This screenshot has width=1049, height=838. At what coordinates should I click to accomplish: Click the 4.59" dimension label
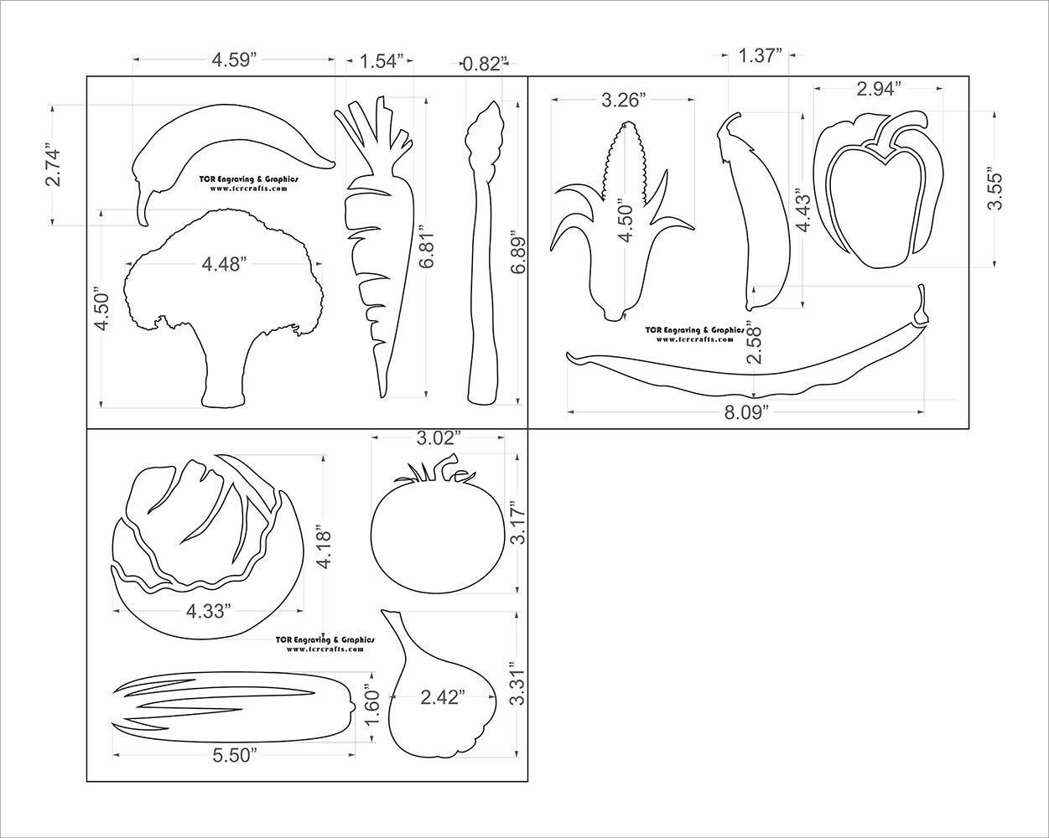pos(234,59)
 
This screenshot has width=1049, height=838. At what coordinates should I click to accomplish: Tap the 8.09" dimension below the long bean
pos(746,411)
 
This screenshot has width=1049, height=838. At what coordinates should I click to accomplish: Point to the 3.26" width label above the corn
pos(623,101)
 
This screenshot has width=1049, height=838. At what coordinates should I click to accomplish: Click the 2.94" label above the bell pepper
pos(879,88)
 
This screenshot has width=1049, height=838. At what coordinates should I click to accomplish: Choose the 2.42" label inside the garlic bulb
pos(443,697)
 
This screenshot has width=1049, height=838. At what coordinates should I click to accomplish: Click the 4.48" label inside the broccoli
pos(224,265)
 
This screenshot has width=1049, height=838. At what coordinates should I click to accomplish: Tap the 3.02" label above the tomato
pos(439,437)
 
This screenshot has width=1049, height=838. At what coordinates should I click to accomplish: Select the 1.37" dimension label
pos(761,55)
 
